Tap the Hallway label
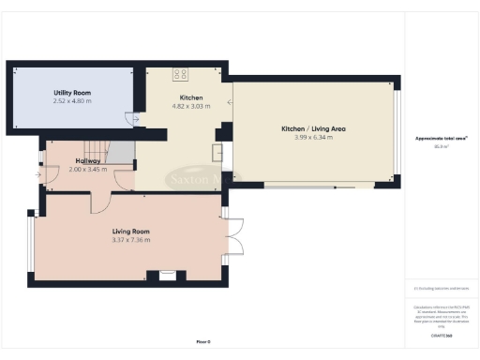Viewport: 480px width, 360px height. tap(88, 160)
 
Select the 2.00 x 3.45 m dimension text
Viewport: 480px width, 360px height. tap(88, 169)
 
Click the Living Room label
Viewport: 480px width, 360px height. tap(131, 231)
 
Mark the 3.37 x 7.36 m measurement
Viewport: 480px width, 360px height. tap(131, 240)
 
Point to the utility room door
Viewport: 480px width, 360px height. tap(132, 118)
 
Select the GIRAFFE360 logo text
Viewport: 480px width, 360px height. tap(441, 335)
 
